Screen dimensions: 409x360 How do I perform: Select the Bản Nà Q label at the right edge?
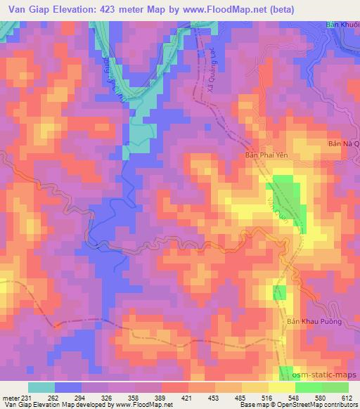click(344, 144)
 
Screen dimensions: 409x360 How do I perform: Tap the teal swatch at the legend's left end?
click(41, 387)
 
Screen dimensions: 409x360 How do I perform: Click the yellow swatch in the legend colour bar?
click(281, 387)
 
